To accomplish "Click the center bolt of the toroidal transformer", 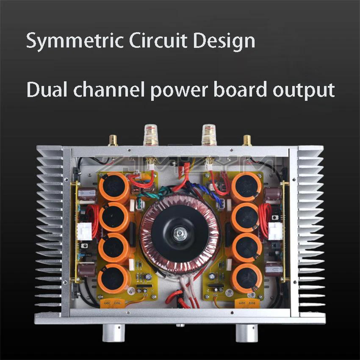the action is [x=180, y=233].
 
